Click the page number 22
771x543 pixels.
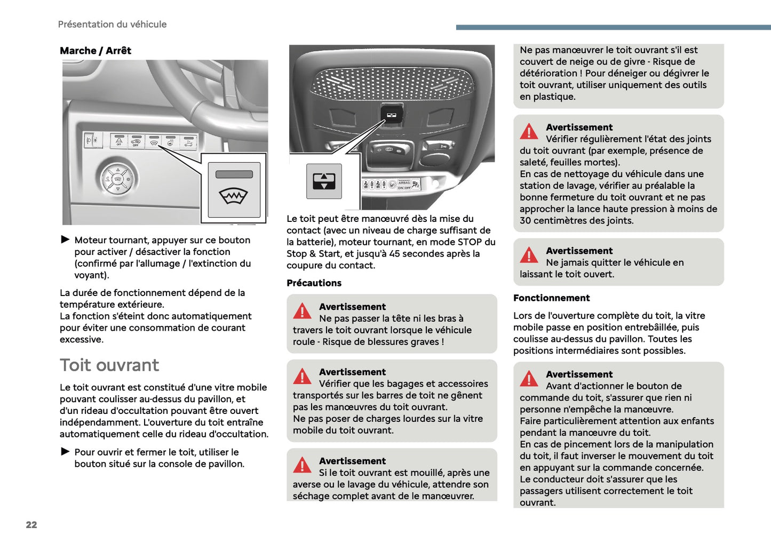(31, 525)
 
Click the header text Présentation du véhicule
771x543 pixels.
(112, 25)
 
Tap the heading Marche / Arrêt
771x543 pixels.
(96, 51)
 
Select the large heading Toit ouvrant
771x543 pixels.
(109, 365)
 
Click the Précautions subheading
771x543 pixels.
(314, 283)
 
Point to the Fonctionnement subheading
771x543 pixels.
(551, 298)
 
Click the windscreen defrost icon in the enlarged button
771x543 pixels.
(233, 196)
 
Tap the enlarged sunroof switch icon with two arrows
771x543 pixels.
(324, 181)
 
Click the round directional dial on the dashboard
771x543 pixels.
(117, 179)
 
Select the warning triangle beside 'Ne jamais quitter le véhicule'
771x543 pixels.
(529, 255)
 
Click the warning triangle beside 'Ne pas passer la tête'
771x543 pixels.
(302, 312)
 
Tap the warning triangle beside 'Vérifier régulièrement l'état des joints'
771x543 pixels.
(529, 132)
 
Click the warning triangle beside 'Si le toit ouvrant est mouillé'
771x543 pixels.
(302, 466)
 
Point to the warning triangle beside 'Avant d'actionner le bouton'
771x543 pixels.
(529, 379)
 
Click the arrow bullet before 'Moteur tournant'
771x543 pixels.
(66, 239)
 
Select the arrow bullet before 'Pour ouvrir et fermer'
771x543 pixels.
(66, 451)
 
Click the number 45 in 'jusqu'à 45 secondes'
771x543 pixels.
(395, 254)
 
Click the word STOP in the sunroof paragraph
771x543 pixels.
(470, 242)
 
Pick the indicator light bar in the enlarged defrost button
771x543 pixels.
(234, 174)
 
